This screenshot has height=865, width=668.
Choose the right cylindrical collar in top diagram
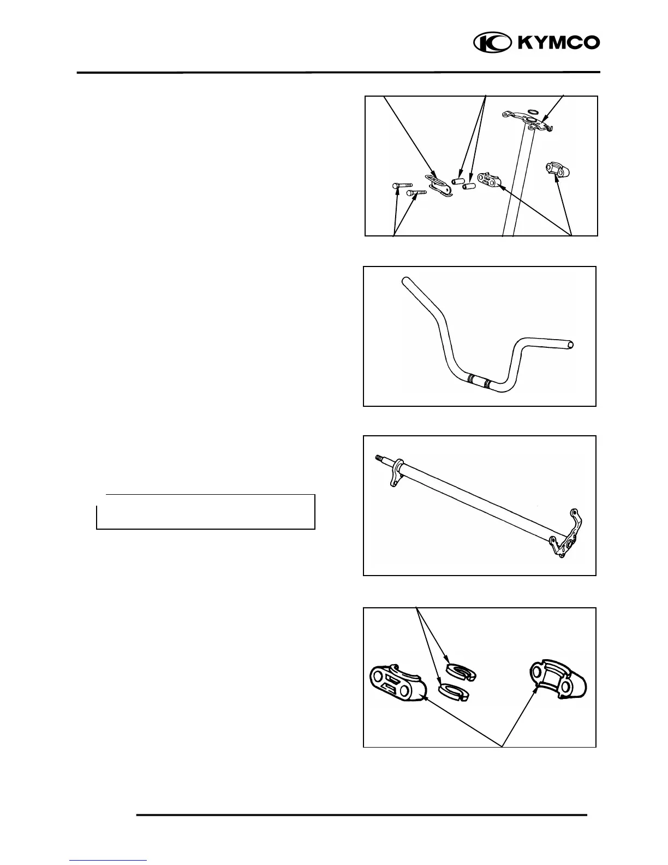point(469,186)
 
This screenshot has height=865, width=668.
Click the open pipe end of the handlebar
point(571,345)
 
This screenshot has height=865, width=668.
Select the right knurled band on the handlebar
point(486,382)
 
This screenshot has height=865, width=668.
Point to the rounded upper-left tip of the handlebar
point(405,281)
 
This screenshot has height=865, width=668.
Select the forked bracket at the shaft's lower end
point(568,540)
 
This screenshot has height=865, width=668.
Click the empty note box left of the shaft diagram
point(206,512)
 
